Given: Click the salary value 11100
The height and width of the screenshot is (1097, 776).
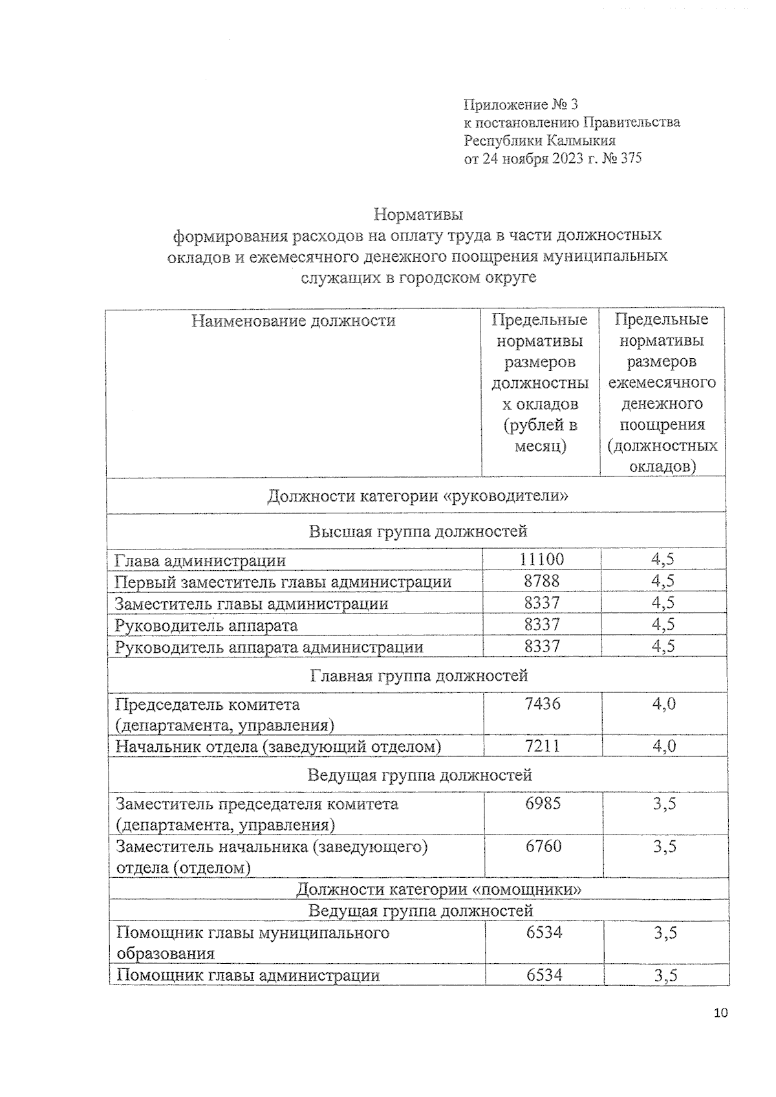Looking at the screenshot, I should tap(541, 560).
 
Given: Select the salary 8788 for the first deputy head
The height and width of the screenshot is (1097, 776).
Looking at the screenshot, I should tap(541, 581).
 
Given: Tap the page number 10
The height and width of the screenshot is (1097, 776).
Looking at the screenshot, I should tap(720, 1012).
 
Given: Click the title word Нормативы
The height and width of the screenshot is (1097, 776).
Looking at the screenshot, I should tap(418, 213).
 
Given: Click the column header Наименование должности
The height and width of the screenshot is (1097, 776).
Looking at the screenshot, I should tap(293, 321).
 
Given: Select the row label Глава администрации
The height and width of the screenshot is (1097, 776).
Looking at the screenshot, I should tap(200, 560).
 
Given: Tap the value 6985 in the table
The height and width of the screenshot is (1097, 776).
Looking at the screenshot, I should tap(543, 804).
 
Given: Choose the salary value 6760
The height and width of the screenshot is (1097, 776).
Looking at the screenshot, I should tap(543, 846).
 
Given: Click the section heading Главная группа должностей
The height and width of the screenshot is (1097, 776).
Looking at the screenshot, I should tap(418, 676).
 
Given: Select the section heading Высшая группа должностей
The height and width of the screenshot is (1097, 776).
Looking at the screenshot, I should tap(418, 531).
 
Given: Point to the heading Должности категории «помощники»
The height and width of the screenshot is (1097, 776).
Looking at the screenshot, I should tap(438, 889).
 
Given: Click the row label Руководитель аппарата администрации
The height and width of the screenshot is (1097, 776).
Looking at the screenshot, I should tap(269, 647).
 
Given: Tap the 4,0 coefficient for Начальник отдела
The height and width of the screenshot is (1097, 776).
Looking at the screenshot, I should tap(663, 747).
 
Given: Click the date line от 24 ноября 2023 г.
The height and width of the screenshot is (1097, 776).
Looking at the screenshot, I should tap(553, 158).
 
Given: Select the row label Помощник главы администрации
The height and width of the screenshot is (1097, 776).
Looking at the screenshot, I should tap(248, 975).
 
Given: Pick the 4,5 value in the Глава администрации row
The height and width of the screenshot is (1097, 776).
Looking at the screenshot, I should tap(662, 560).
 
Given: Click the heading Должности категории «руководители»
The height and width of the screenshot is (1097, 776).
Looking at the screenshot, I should tap(418, 496).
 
